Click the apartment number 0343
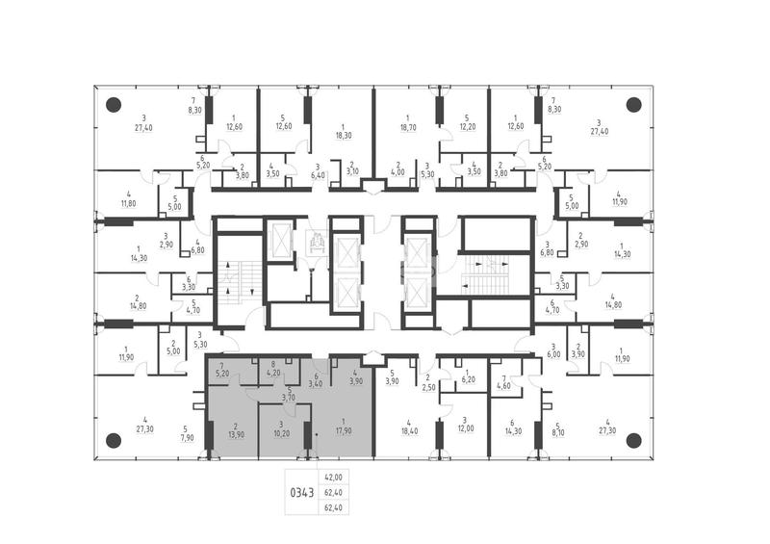tap(302, 492)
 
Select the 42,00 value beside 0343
tap(334, 478)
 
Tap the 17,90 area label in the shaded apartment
tap(344, 431)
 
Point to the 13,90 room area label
tap(236, 434)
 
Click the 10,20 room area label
tap(281, 434)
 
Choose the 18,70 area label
tap(407, 127)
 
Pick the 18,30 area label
tap(344, 135)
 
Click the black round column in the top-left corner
tap(114, 105)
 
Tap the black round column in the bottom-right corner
tap(633, 440)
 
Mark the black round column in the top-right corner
tap(633, 105)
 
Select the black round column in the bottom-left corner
tap(114, 440)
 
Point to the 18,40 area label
tap(410, 431)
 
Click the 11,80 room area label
tap(128, 203)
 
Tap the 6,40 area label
tap(318, 175)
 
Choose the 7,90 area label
tap(187, 438)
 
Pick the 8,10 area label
tap(557, 434)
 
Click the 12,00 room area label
tap(466, 428)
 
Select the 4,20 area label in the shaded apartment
tap(272, 373)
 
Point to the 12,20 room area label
tap(467, 127)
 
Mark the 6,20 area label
tap(468, 380)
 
